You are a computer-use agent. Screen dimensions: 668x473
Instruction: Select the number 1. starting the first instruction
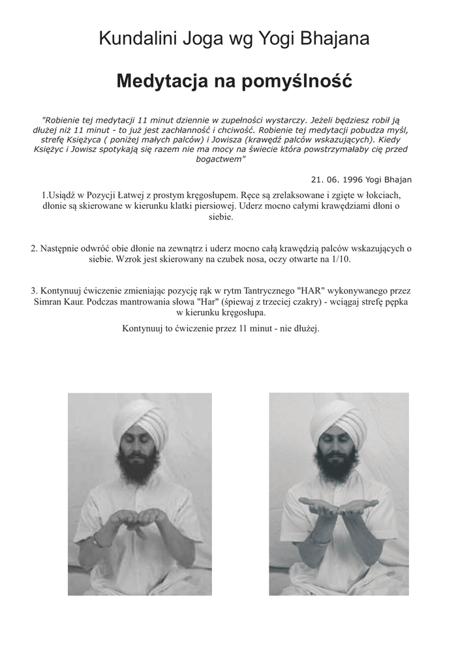[45, 195]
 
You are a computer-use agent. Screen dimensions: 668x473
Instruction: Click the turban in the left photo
[140, 420]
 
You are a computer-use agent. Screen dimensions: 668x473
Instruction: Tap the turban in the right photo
[338, 421]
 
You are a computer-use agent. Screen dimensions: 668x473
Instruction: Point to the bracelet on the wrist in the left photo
[99, 541]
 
